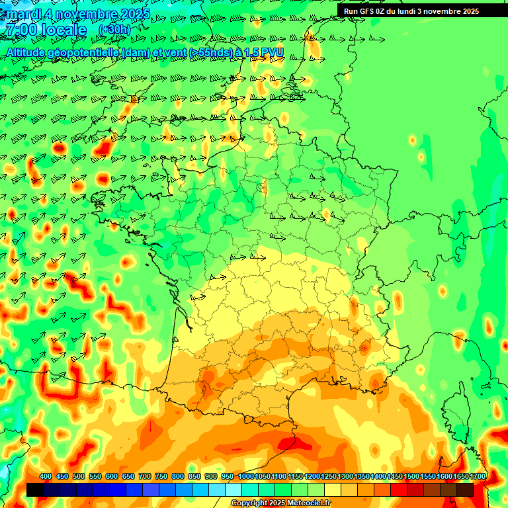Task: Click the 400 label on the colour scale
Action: [x=46, y=476]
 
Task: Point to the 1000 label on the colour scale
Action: [x=245, y=476]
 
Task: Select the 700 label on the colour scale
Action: [x=145, y=476]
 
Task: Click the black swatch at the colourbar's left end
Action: [x=35, y=490]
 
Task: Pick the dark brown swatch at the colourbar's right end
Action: [x=465, y=490]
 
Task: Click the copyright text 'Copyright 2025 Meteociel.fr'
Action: [x=280, y=503]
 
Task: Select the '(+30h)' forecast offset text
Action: [x=114, y=29]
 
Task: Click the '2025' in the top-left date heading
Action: [x=134, y=14]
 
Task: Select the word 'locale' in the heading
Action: [x=63, y=30]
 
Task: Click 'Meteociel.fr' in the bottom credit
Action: [x=308, y=503]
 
